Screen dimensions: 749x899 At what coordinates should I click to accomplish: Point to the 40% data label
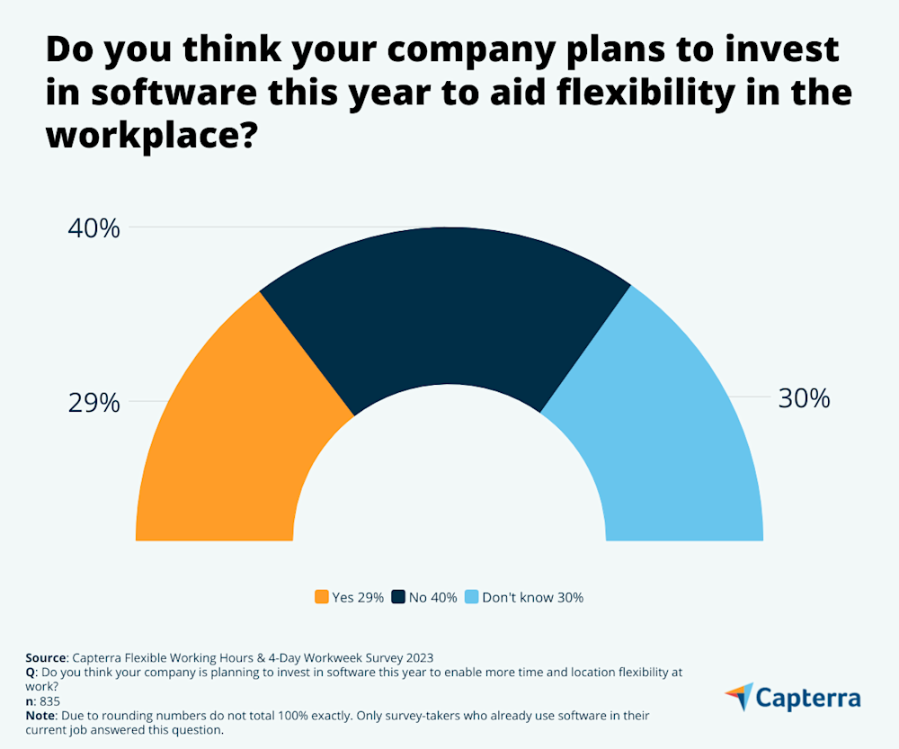tap(93, 228)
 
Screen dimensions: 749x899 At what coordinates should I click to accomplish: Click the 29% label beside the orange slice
tap(93, 403)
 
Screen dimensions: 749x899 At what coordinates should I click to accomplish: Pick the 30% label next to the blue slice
tap(804, 399)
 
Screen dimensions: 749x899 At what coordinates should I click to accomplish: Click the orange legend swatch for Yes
tap(321, 597)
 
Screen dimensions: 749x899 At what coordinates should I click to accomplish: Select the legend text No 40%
tap(432, 597)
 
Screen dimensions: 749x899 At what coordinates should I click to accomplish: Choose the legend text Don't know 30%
tap(532, 597)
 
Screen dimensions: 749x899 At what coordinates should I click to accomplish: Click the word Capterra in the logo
tap(808, 699)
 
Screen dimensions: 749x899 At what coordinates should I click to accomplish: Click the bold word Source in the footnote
tap(45, 658)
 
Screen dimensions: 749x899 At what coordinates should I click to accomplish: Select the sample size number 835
tap(49, 700)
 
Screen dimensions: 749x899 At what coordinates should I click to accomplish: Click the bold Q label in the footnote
tap(30, 672)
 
